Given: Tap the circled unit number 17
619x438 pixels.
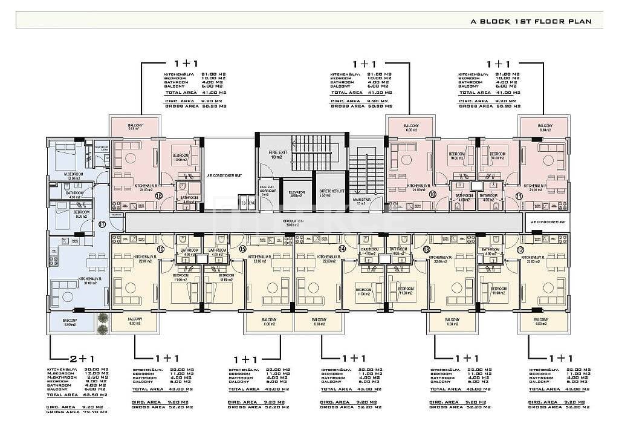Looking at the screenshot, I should [x=102, y=223].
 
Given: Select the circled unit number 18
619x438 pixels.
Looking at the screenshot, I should [x=159, y=195].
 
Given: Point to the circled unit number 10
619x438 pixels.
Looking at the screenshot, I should [x=432, y=194].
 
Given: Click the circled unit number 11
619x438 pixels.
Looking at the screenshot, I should [x=519, y=195].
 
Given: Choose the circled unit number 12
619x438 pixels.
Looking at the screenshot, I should [x=520, y=249].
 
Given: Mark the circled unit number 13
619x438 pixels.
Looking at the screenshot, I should [x=427, y=249].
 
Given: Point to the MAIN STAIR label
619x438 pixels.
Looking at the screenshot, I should [x=362, y=201].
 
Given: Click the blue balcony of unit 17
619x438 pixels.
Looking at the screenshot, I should [x=70, y=322].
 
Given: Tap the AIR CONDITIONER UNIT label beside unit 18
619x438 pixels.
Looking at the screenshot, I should [x=224, y=175].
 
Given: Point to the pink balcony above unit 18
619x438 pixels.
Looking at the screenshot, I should [x=134, y=126].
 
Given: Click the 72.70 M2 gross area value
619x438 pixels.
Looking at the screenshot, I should [x=96, y=411].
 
